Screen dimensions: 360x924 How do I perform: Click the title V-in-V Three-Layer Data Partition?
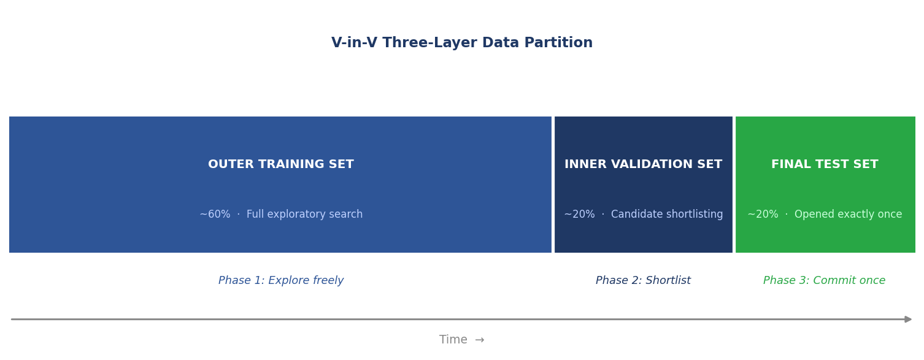[x=461, y=43]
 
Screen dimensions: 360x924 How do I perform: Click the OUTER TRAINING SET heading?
[x=280, y=164]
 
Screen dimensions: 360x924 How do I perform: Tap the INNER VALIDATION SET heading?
[x=643, y=164]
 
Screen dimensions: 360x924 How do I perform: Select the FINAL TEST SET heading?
[x=825, y=164]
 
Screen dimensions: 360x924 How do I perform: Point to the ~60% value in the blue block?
[x=215, y=215]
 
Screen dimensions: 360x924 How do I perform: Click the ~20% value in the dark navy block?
[x=579, y=215]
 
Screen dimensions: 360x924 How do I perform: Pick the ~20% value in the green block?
[x=763, y=215]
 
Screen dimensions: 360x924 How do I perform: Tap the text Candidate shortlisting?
[x=667, y=215]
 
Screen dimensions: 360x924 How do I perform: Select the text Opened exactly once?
[x=848, y=215]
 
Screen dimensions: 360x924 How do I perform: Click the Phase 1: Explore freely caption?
[x=280, y=281]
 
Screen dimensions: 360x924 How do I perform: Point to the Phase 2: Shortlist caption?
[x=643, y=281]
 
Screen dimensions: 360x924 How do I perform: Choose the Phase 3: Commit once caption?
[x=824, y=281]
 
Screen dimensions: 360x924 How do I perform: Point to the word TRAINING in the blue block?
[x=285, y=164]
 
